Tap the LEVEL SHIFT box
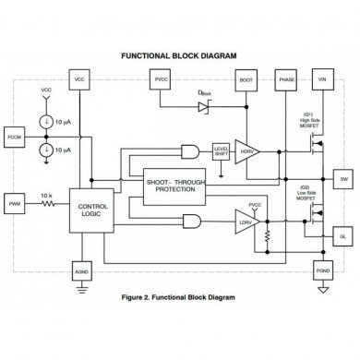coord(222,151)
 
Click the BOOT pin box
coord(246,80)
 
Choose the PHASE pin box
coord(285,80)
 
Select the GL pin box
coord(342,237)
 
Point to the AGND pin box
coord(80,273)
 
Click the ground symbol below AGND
coord(80,294)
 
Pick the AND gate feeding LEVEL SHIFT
coord(192,151)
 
